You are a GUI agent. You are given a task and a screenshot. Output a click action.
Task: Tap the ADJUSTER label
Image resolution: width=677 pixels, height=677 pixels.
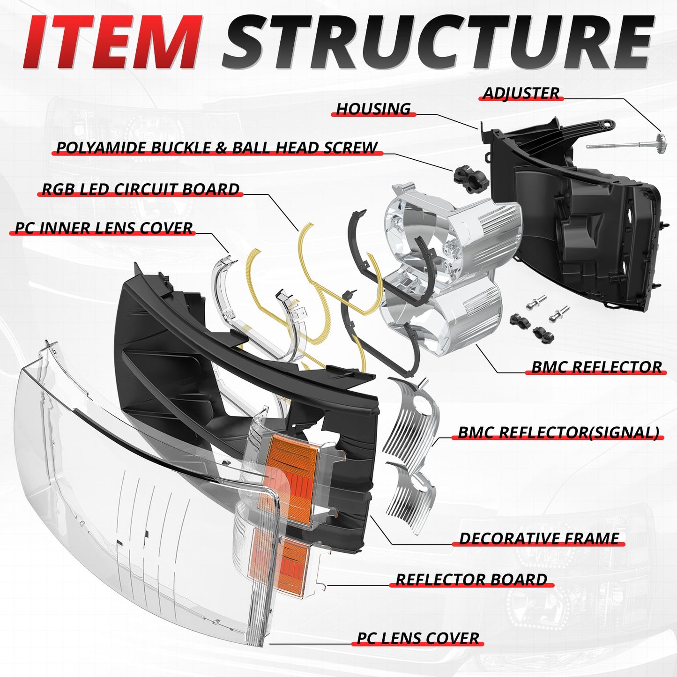[521, 93]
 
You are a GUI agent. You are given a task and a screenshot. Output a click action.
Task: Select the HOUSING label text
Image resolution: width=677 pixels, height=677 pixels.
[373, 109]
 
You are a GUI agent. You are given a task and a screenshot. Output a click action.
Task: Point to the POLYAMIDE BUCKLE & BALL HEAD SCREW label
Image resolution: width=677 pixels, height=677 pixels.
[217, 148]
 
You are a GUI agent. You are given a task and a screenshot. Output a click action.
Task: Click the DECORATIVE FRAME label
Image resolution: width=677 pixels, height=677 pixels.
[539, 538]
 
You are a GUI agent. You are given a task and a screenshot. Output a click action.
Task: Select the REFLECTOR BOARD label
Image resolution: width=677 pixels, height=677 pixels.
[471, 580]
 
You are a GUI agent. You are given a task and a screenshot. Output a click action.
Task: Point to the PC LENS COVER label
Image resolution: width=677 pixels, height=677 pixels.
[418, 638]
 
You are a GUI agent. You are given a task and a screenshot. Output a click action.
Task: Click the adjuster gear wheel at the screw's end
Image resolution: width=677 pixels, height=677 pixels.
[661, 140]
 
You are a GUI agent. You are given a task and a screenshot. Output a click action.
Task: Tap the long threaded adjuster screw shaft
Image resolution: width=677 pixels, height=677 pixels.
[618, 145]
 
